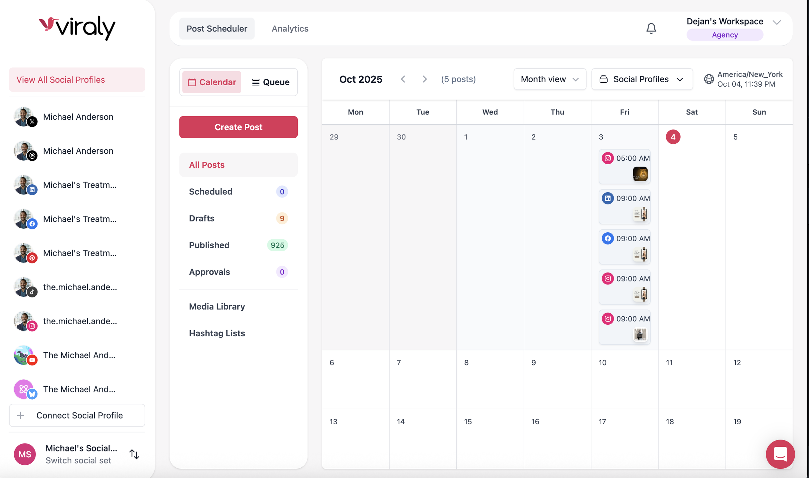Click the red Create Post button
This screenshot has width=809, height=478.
[238, 127]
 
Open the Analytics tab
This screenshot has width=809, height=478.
[290, 29]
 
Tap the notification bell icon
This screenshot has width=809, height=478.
[651, 29]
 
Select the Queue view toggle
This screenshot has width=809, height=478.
[270, 82]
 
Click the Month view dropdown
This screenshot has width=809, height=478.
[550, 79]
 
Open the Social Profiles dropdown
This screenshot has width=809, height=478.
[642, 79]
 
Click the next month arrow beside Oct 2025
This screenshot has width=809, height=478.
[424, 79]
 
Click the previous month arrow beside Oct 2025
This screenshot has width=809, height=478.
[403, 79]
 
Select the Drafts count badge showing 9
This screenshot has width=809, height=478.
[282, 218]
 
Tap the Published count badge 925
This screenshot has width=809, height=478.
[277, 245]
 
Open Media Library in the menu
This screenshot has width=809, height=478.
[217, 306]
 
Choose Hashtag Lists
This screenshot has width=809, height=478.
[217, 333]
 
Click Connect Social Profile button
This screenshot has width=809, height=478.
[77, 415]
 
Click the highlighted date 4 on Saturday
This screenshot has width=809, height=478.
[673, 137]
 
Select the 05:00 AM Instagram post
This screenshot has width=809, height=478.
[624, 166]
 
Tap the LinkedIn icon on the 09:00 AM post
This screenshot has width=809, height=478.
[608, 198]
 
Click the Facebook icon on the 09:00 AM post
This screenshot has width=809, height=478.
[608, 238]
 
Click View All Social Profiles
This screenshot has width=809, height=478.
[77, 80]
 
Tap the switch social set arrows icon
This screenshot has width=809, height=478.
[134, 454]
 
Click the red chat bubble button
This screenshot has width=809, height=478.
[780, 454]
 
